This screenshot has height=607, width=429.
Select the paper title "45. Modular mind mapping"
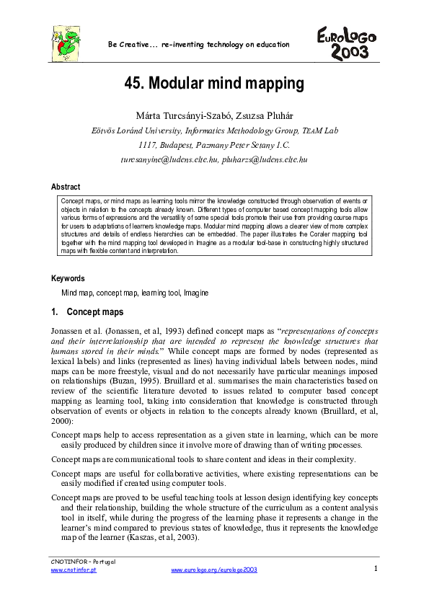click(213, 84)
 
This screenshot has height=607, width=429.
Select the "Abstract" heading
click(66, 187)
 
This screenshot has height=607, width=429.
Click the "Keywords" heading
click(68, 278)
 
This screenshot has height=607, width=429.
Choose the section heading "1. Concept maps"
click(87, 312)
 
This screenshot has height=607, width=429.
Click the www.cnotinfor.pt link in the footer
click(73, 570)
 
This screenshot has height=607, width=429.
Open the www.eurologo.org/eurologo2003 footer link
click(213, 570)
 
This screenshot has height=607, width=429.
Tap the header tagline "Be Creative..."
click(198, 45)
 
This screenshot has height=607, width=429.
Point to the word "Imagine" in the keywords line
click(197, 293)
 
